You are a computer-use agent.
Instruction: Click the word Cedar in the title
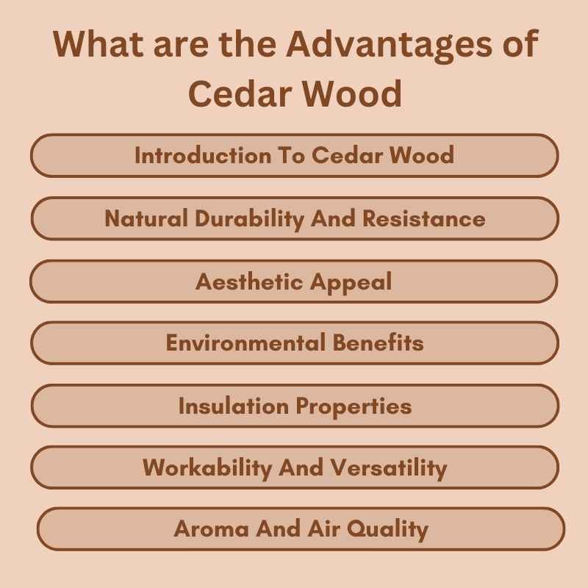pos(237,94)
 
